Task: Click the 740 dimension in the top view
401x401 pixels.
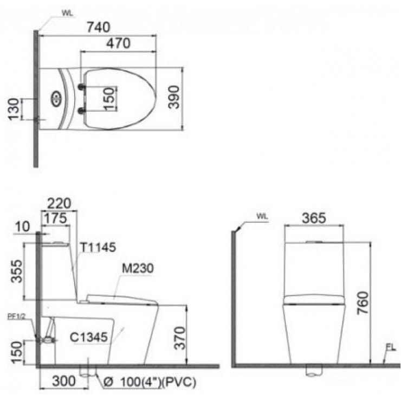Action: (98, 27)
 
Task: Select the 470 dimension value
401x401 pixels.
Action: (118, 43)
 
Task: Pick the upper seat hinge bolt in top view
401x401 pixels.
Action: (82, 87)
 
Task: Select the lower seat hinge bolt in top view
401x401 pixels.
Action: (82, 111)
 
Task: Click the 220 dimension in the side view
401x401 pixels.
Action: (59, 204)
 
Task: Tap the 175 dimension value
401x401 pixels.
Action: (55, 218)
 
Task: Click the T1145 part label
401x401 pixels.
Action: (98, 248)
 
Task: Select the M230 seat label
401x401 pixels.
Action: (138, 268)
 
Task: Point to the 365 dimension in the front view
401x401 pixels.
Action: (314, 218)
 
